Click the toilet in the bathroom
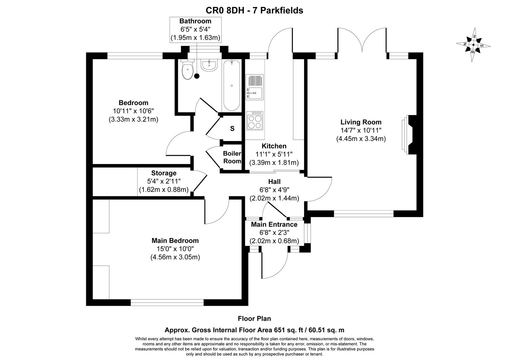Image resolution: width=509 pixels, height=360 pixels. pyautogui.click(x=188, y=70)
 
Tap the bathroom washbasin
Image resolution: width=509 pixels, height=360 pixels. pyautogui.click(x=209, y=65)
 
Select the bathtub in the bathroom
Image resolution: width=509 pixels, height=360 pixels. pyautogui.click(x=232, y=85)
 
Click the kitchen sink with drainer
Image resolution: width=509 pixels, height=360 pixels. pyautogui.click(x=254, y=87)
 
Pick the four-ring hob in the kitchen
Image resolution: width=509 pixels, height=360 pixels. pyautogui.click(x=254, y=121)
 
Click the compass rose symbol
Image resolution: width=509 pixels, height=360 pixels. pyautogui.click(x=473, y=45)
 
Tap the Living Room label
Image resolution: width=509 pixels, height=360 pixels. pyautogui.click(x=361, y=122)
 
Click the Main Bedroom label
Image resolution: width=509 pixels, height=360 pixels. pyautogui.click(x=175, y=240)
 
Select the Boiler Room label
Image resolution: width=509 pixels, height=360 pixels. pyautogui.click(x=232, y=157)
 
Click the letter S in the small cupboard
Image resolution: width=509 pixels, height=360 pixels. pyautogui.click(x=232, y=129)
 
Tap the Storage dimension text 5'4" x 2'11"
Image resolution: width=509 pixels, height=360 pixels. pyautogui.click(x=164, y=181)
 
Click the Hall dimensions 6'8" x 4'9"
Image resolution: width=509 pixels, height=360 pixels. pyautogui.click(x=274, y=190)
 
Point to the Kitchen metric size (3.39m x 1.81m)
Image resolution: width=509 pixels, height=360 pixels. pyautogui.click(x=274, y=163)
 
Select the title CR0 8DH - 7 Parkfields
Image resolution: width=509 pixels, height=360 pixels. pyautogui.click(x=254, y=10)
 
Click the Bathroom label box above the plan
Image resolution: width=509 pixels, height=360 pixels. pyautogui.click(x=195, y=30)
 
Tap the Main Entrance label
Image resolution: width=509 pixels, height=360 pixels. pyautogui.click(x=274, y=224)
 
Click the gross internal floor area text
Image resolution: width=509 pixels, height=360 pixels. pyautogui.click(x=254, y=330)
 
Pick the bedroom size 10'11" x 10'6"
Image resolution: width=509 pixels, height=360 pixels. pyautogui.click(x=133, y=111)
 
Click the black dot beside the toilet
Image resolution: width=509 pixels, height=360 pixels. pyautogui.click(x=197, y=76)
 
